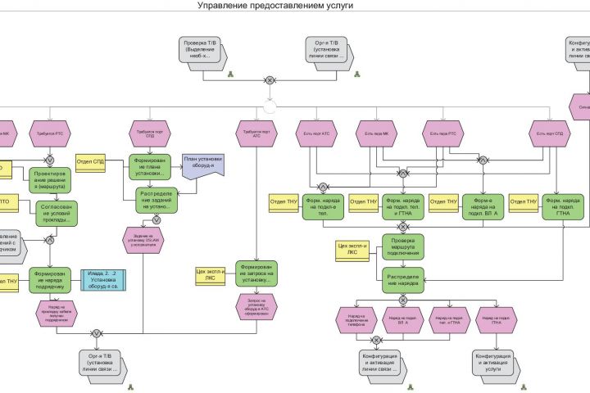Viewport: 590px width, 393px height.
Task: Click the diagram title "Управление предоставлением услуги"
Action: (x=275, y=6)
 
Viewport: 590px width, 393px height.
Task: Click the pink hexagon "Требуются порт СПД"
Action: (x=150, y=132)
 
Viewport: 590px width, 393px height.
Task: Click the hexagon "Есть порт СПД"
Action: (x=547, y=132)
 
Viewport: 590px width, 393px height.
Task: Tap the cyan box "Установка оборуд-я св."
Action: (x=104, y=280)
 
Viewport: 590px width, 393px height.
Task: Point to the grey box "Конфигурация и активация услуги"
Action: (x=497, y=363)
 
